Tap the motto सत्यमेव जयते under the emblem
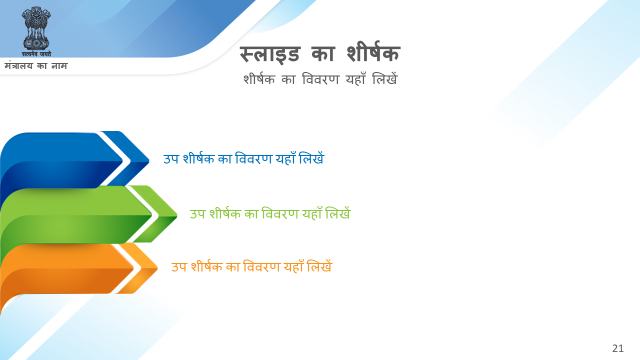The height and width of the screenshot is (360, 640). [36, 53]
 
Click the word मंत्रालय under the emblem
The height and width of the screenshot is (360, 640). [18, 65]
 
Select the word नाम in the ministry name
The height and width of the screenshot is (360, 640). [59, 66]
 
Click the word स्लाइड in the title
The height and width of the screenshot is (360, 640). [269, 54]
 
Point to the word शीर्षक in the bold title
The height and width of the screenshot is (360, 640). [373, 51]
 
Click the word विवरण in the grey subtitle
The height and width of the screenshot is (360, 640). [320, 79]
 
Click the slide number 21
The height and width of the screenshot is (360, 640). [617, 348]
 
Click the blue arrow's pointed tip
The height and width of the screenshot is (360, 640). [149, 161]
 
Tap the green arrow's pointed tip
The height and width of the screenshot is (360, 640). [177, 215]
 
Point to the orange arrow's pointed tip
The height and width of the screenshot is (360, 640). [157, 268]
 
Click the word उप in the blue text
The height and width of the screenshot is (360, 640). [171, 159]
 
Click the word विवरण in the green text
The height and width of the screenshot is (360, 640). [280, 213]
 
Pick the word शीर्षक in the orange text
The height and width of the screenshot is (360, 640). [206, 266]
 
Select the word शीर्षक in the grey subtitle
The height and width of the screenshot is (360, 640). [259, 78]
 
